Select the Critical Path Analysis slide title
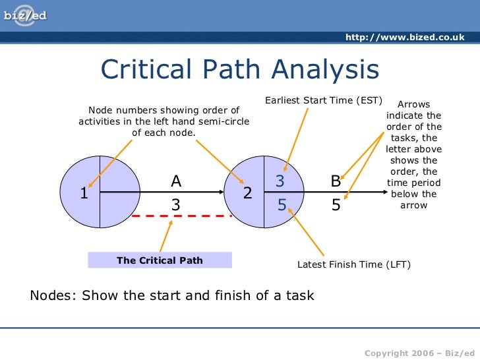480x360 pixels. (239, 69)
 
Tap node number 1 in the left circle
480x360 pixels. (84, 194)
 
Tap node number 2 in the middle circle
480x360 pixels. (247, 194)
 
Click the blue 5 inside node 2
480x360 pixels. (282, 205)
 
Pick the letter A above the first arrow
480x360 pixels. (176, 181)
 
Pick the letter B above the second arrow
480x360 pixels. (336, 181)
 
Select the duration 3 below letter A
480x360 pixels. (176, 205)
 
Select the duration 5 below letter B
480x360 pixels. (336, 205)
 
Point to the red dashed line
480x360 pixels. (182, 216)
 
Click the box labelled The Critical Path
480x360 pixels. (160, 260)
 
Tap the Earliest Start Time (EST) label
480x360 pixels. (324, 101)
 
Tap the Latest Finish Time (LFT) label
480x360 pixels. (354, 265)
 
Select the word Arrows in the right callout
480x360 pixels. (414, 104)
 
